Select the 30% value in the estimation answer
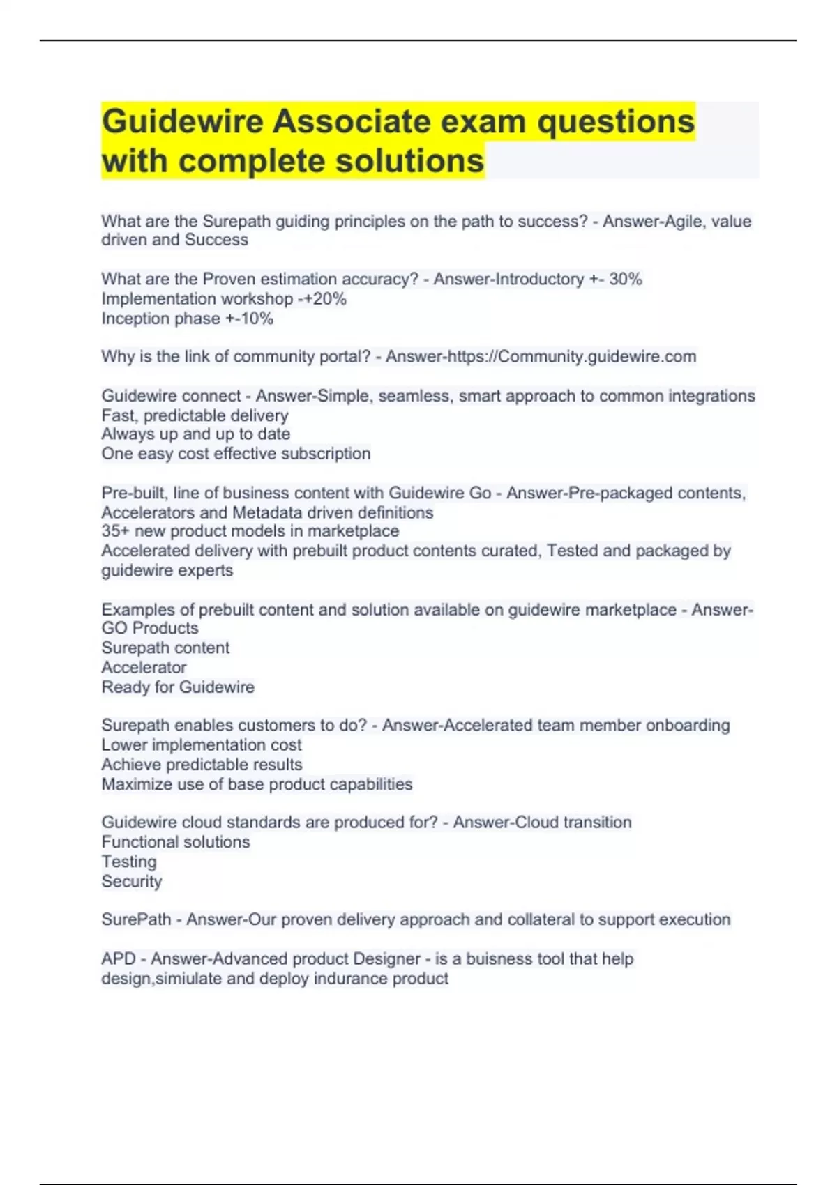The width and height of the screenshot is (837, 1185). point(626,280)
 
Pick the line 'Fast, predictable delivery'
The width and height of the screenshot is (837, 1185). point(195,415)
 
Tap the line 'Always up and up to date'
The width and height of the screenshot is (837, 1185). point(195,434)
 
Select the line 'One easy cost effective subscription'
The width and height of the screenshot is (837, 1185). point(236,454)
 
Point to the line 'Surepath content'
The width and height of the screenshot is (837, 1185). point(165,648)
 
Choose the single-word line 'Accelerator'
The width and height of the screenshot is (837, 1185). point(144,667)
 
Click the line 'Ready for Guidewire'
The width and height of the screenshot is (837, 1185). point(178,687)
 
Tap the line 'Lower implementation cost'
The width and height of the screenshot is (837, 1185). point(202,744)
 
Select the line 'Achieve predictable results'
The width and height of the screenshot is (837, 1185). point(202,765)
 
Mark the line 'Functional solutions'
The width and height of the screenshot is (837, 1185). point(175,842)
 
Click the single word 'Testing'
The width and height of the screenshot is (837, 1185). point(129,862)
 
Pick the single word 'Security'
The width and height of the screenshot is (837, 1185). point(132,881)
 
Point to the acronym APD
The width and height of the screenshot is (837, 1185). point(119,959)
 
